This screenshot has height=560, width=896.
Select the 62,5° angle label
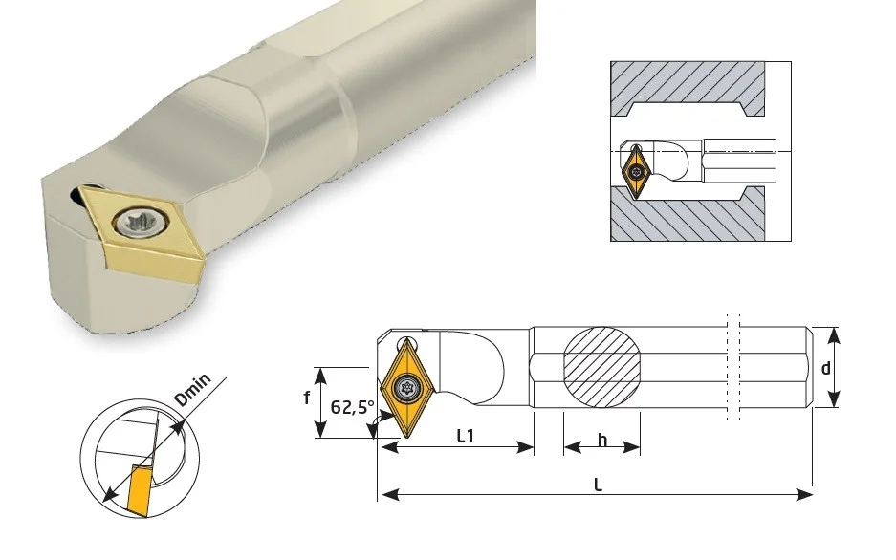(x=353, y=407)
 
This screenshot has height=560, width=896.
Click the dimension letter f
(x=307, y=398)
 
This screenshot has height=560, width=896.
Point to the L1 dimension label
(x=466, y=436)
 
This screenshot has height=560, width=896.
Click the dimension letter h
(x=601, y=441)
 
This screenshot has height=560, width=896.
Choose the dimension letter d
(x=825, y=369)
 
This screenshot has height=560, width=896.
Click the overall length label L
(x=598, y=485)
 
